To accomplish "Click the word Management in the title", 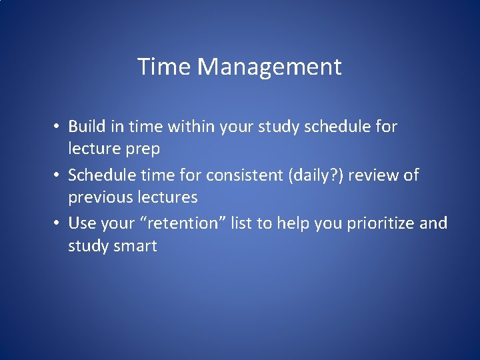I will coord(269,67).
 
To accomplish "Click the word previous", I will coord(98,198).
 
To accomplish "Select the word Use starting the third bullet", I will coord(81,223).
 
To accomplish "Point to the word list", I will coord(241,223).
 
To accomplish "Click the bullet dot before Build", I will coord(59,127).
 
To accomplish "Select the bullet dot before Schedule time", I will coord(59,175).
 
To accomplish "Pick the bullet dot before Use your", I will coord(59,223).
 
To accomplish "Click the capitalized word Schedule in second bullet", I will coord(100,175).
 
